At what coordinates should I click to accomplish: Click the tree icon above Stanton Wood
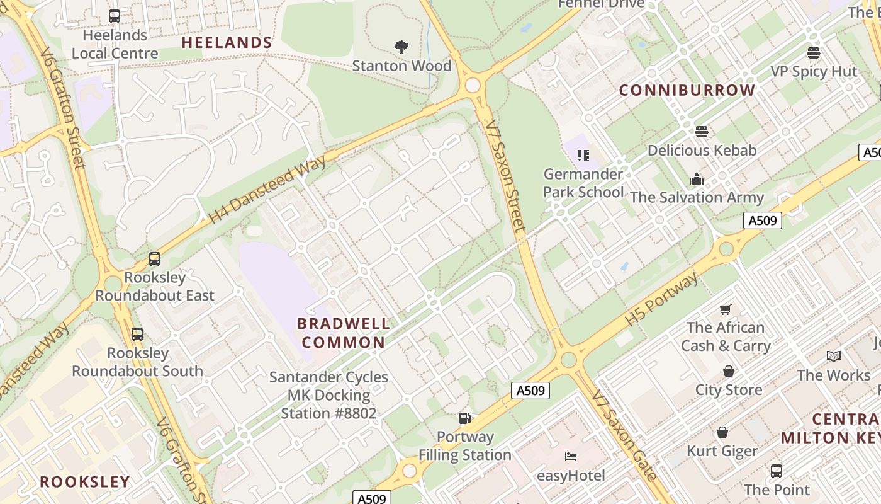401,47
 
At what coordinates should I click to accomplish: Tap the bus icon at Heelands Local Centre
115,16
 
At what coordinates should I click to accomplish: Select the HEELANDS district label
227,43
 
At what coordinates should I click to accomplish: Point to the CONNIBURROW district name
687,90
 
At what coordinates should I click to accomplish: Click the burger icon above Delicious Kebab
702,132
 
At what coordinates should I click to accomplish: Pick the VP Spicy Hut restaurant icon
814,53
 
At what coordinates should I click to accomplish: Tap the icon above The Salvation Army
696,179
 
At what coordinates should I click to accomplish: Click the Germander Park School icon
583,155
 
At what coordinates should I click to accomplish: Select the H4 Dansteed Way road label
267,189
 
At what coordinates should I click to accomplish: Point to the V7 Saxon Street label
506,176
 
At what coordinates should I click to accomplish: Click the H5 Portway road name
661,299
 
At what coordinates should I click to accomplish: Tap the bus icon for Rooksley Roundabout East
155,259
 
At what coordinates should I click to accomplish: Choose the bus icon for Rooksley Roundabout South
137,335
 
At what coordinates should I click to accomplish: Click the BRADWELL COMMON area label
343,333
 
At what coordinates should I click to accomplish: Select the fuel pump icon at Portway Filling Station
465,418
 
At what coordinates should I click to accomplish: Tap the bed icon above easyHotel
571,457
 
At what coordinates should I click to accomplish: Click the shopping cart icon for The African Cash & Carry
726,309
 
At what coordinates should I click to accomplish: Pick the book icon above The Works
834,357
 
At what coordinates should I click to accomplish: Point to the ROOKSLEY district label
85,482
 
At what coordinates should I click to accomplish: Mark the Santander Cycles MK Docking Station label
328,395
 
